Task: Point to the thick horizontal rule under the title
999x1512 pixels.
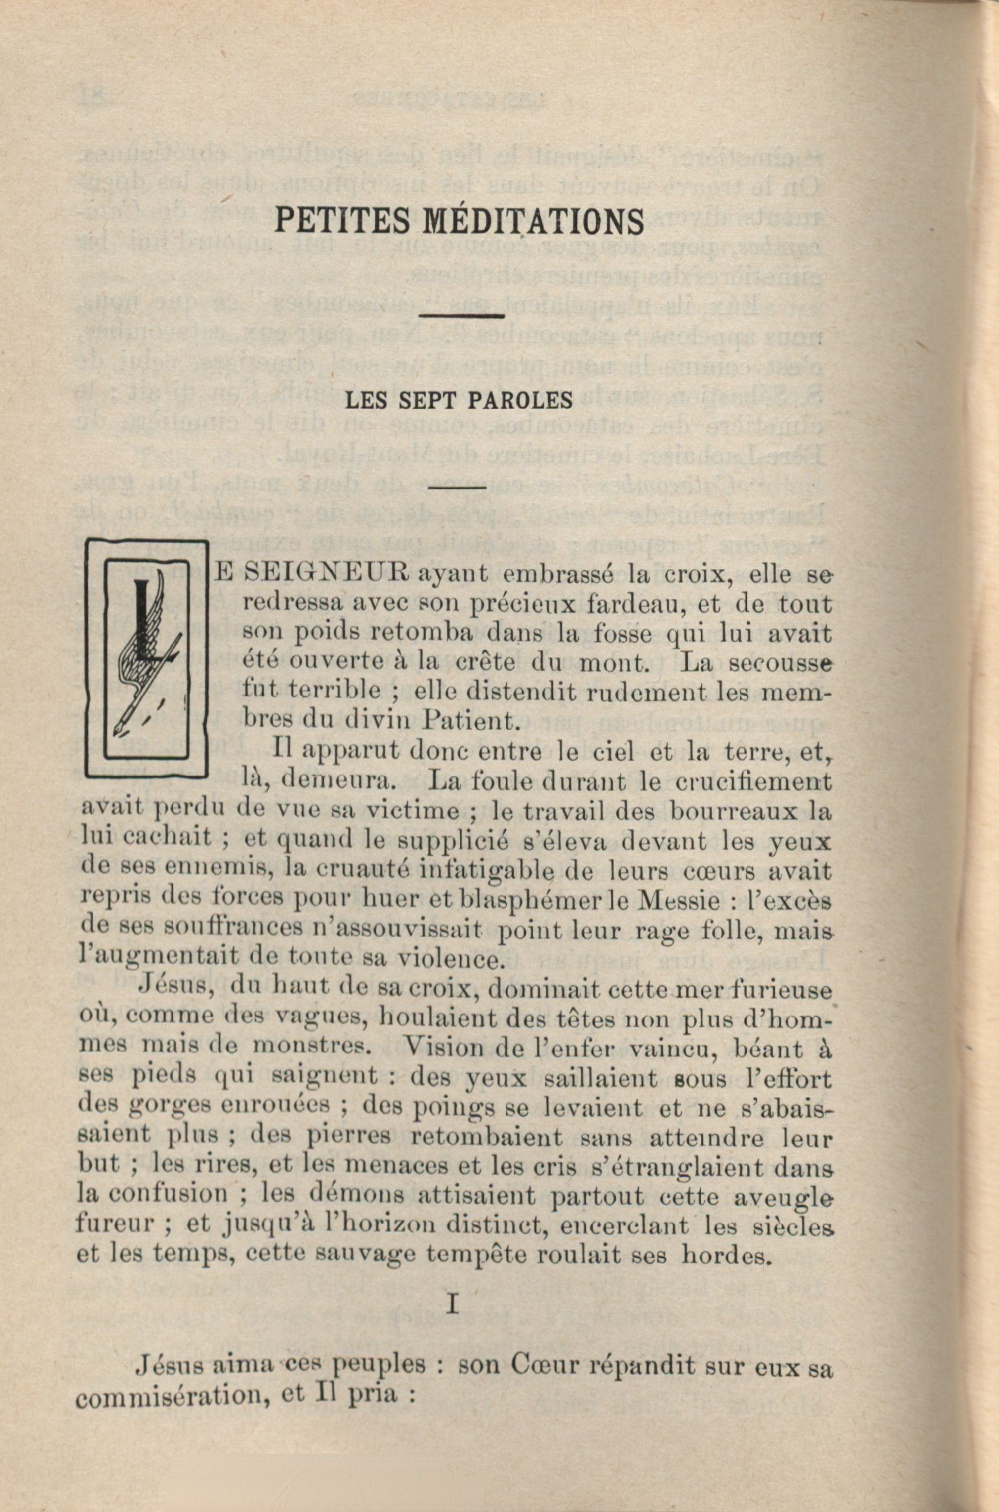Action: [x=462, y=316]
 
